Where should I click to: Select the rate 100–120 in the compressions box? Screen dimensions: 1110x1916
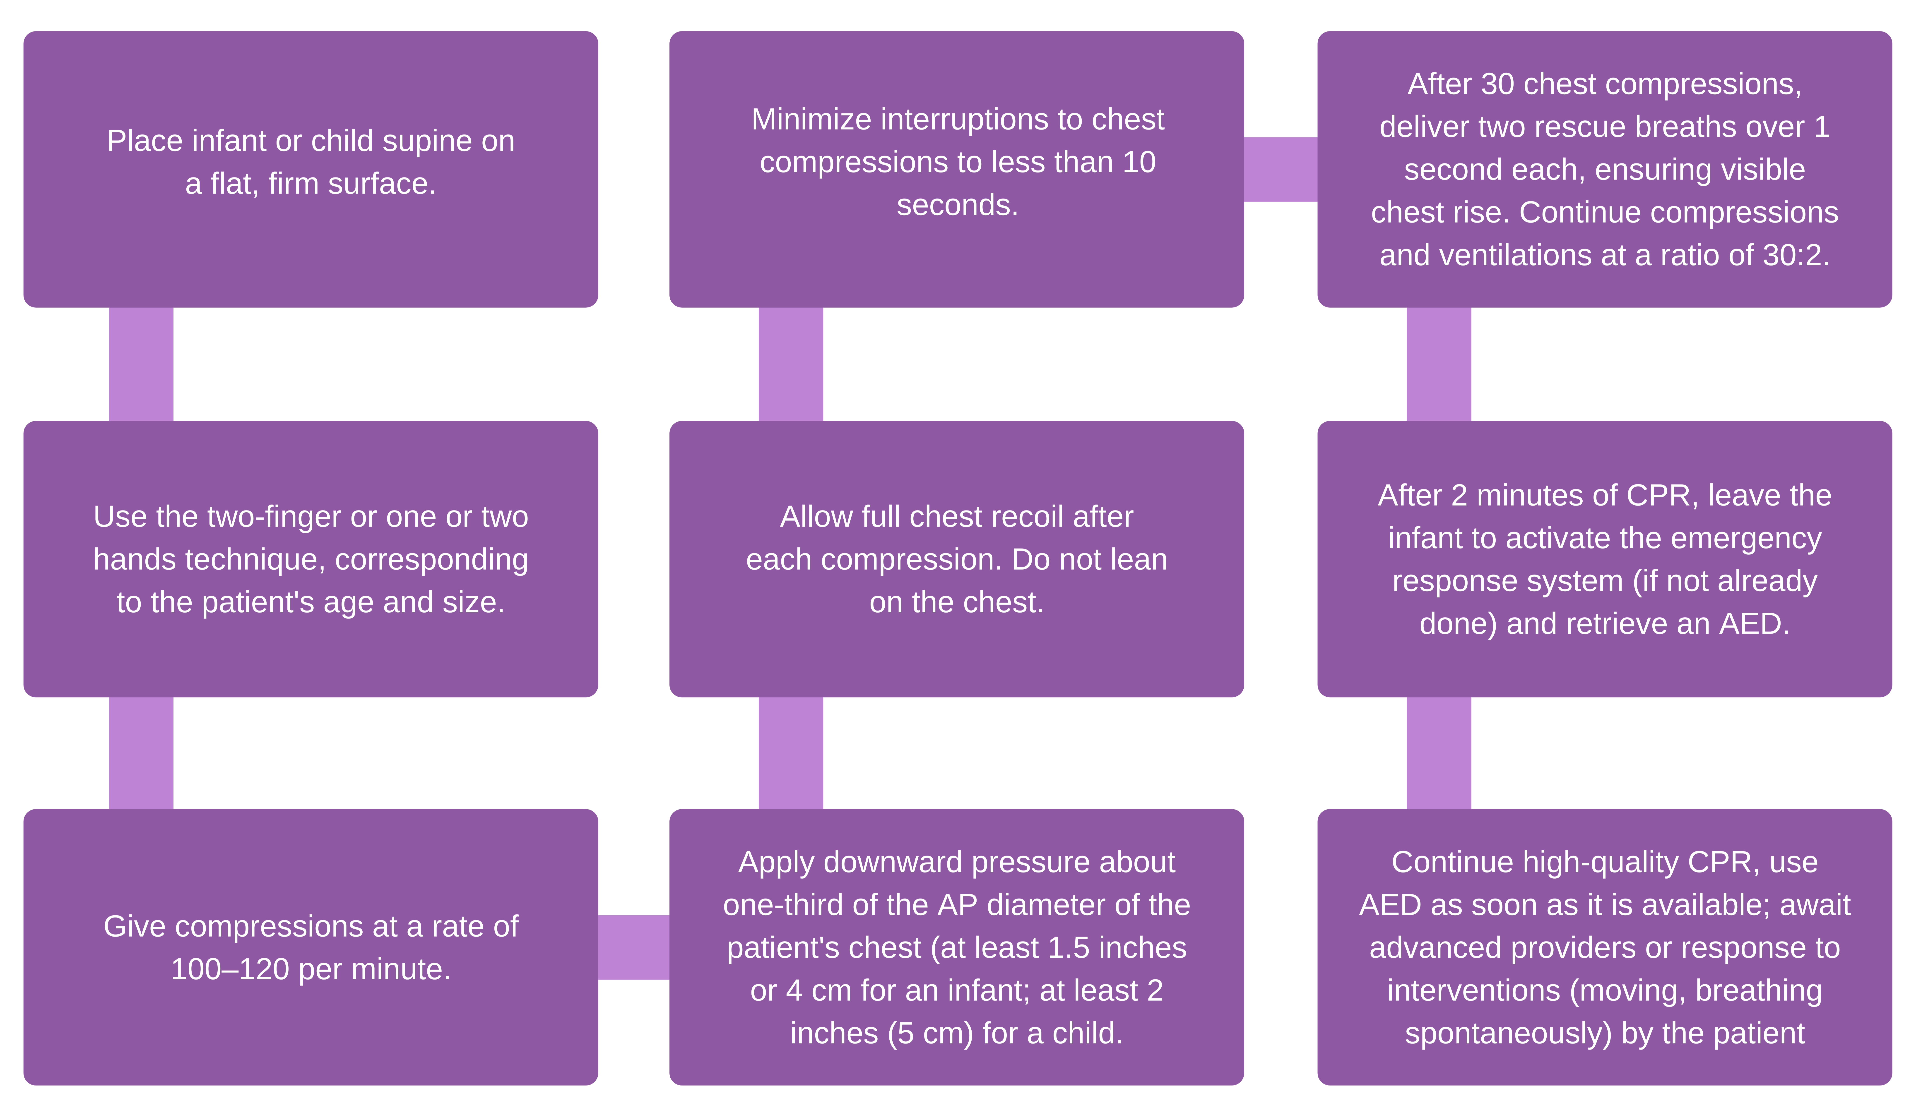(230, 969)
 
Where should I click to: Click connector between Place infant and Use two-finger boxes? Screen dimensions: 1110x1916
(141, 364)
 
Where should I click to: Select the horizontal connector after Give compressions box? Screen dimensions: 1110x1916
(633, 947)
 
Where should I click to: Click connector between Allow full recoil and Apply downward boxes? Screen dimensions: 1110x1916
(791, 753)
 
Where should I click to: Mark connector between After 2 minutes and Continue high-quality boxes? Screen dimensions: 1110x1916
(1439, 753)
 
